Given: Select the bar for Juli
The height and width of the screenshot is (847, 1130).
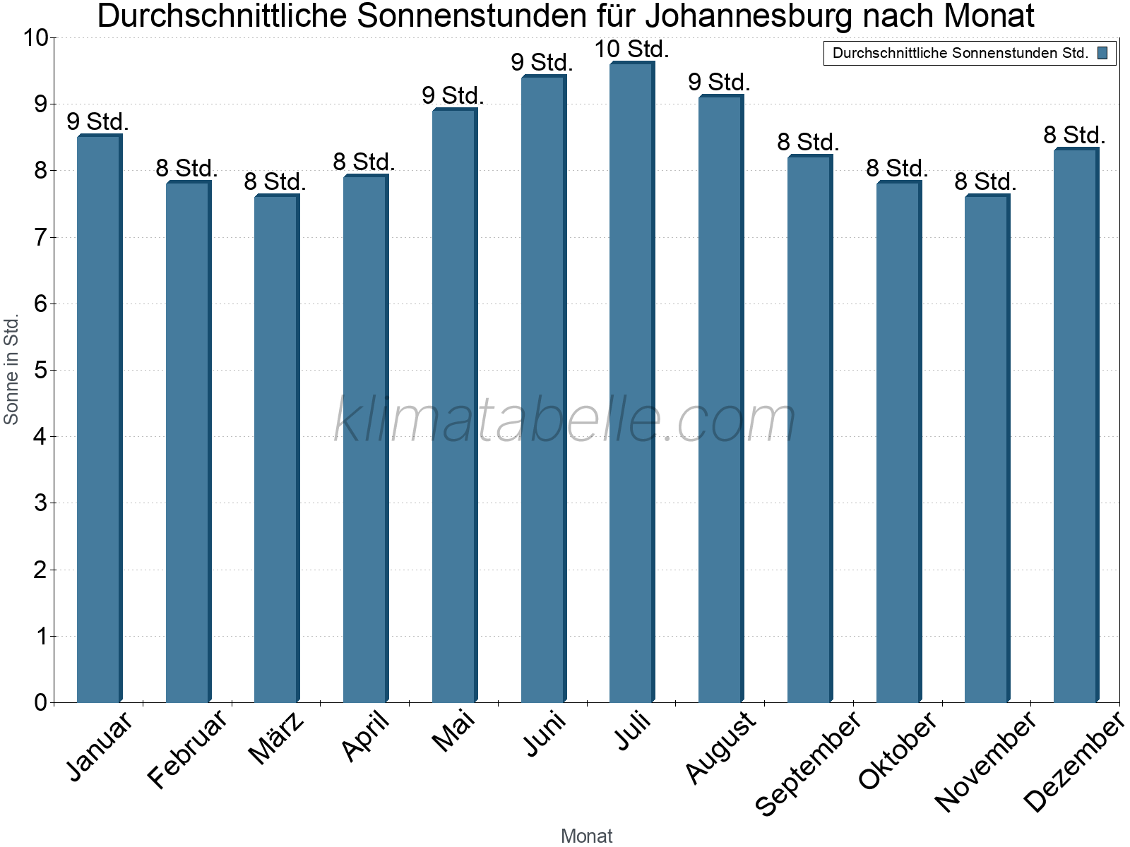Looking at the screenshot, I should point(631,381).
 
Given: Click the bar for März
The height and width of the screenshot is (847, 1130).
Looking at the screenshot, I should point(276,448).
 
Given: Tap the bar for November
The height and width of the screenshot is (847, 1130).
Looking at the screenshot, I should point(987,448).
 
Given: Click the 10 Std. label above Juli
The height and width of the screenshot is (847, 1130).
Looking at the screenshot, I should point(631,49).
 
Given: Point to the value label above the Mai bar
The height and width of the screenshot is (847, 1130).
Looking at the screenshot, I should point(453,95).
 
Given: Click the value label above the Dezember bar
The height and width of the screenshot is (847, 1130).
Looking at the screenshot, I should point(1074,135).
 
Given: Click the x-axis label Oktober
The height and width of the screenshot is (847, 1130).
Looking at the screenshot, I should point(898,750).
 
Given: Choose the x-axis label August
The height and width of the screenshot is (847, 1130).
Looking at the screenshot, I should point(720,747).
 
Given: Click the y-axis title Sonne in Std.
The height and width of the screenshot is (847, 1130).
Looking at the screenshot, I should point(11,370).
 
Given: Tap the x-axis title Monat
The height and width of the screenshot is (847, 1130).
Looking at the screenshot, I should point(586,836).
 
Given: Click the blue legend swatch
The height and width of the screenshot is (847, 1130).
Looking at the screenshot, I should point(1102,53).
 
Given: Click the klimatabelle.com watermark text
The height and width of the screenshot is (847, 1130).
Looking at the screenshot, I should point(565,420).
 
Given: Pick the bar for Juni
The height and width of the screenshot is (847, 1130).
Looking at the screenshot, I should point(543,388).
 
